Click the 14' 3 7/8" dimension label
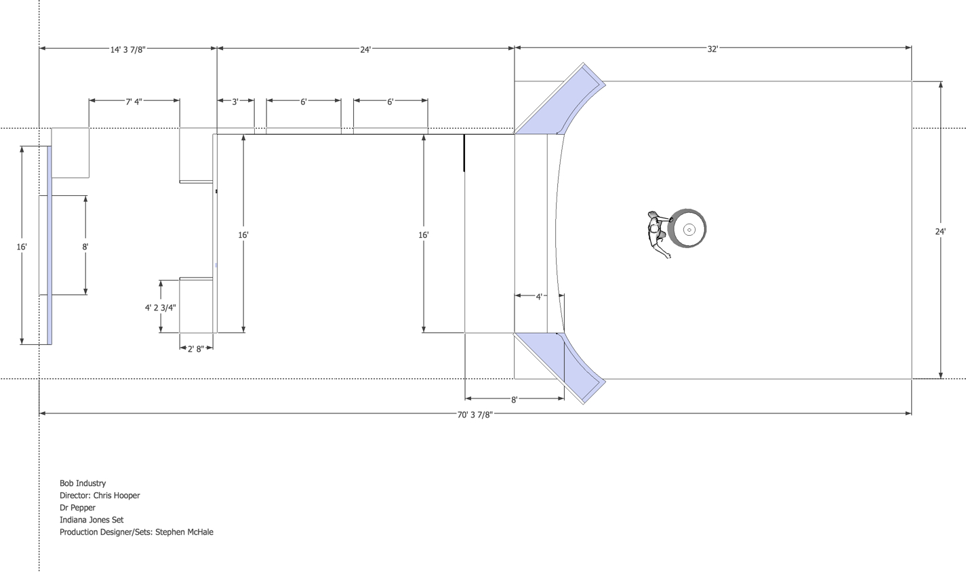127,49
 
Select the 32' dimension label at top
713,49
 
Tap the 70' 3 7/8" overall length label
475,415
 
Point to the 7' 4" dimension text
134,102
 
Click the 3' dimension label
235,102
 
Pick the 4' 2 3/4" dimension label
161,307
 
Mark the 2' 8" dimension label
196,349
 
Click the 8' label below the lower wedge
514,400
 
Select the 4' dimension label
539,297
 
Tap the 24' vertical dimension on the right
940,232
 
